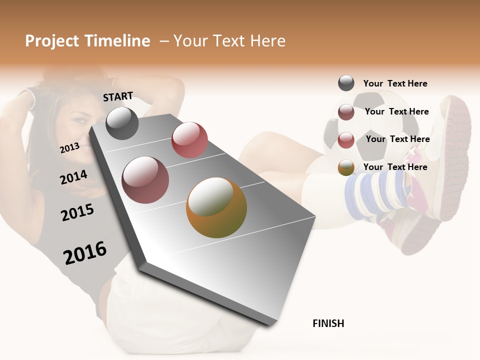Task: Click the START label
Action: pos(118,96)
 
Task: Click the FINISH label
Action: pos(328,323)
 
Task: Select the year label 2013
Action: pos(69,147)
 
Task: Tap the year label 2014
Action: pos(73,177)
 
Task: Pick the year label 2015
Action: pos(77,212)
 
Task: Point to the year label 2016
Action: pos(85,253)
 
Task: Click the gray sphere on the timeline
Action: pos(122,123)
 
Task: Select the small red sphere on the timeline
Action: pos(189,140)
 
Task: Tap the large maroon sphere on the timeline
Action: pos(145,180)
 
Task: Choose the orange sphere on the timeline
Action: pos(216,207)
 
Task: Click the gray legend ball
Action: pos(346,83)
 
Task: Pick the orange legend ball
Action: pos(346,167)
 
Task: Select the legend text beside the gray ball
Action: pos(395,83)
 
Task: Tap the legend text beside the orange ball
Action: pos(395,167)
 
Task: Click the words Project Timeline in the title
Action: pos(87,41)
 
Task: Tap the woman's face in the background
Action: pos(82,130)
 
